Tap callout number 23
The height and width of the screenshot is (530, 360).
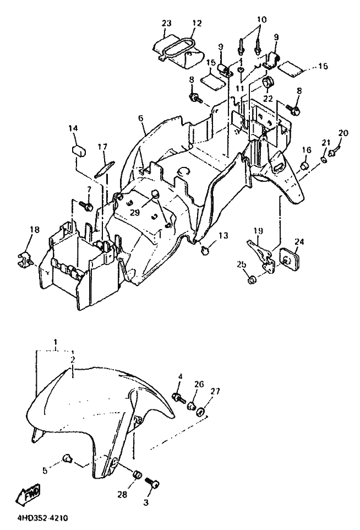pos(167,23)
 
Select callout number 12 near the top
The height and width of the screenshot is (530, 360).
pos(197,23)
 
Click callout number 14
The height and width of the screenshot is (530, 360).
pos(74,128)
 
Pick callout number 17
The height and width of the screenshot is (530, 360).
pos(102,147)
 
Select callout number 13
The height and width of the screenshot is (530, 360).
pos(223,236)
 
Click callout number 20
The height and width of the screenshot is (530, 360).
pos(343,133)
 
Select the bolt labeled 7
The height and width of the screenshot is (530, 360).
pos(88,205)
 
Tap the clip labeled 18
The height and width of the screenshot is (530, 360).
pos(25,256)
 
